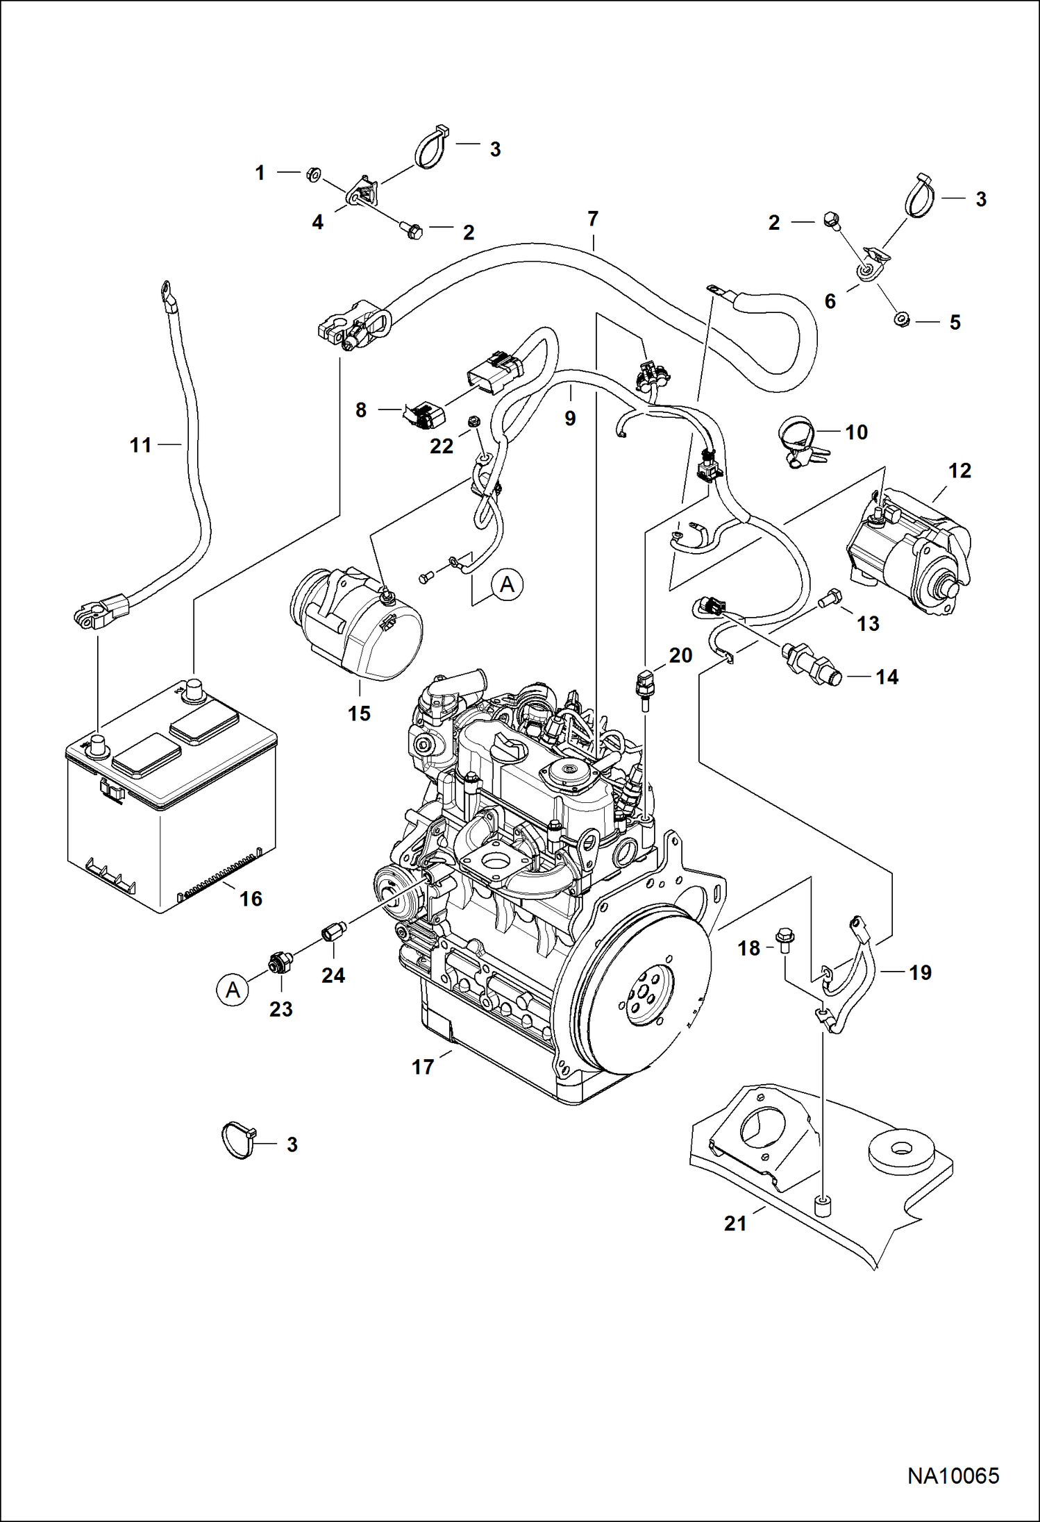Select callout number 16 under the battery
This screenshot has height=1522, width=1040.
pyautogui.click(x=251, y=899)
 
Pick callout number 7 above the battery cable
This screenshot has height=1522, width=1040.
pyautogui.click(x=592, y=219)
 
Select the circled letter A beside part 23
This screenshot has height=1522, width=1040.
pyautogui.click(x=233, y=990)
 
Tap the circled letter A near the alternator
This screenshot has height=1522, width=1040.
pyautogui.click(x=508, y=584)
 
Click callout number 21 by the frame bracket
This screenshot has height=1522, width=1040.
pyautogui.click(x=735, y=1224)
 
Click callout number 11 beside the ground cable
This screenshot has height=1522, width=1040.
pyautogui.click(x=140, y=445)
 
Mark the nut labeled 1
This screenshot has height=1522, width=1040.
pyautogui.click(x=312, y=174)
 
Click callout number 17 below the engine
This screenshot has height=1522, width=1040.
pyautogui.click(x=423, y=1067)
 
